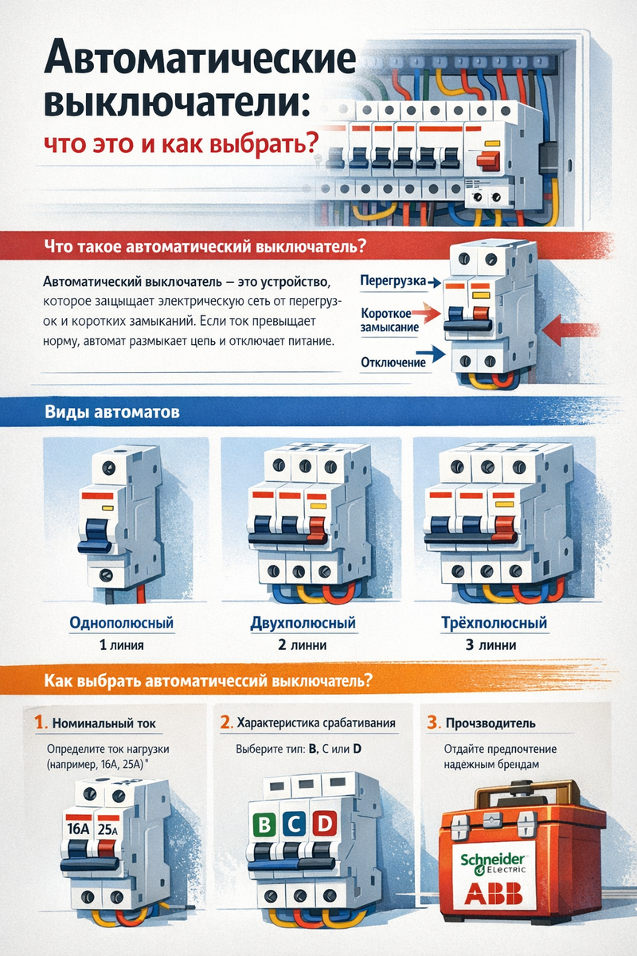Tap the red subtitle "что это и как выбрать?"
[182, 143]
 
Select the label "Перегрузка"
[393, 281]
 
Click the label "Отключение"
[393, 362]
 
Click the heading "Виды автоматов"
[112, 412]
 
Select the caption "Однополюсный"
[122, 623]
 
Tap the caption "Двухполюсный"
[303, 623]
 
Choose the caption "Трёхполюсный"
[494, 622]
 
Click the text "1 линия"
[122, 645]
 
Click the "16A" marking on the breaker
[78, 828]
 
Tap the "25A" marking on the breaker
[107, 829]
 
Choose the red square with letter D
[325, 823]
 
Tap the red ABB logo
[493, 893]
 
